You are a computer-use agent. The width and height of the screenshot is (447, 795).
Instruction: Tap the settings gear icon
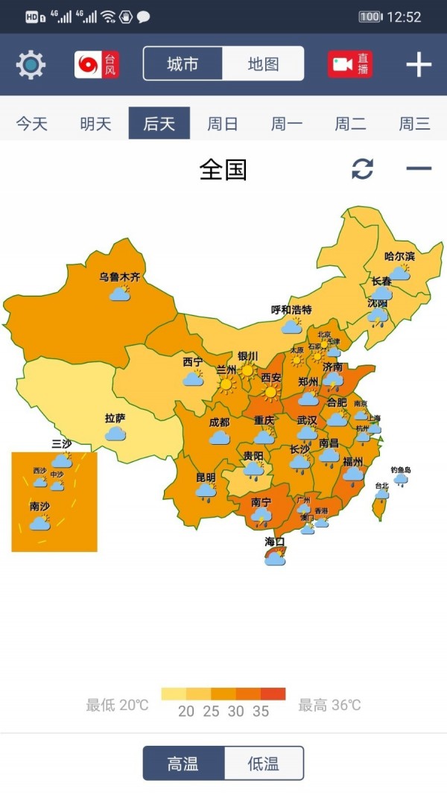[x=31, y=65]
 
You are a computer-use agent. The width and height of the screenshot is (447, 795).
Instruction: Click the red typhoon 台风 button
[x=97, y=65]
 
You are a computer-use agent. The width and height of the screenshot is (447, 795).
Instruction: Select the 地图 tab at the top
[x=263, y=64]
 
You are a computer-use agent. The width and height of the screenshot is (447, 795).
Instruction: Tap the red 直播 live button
[x=350, y=65]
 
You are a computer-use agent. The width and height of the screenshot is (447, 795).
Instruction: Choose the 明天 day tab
[x=95, y=124]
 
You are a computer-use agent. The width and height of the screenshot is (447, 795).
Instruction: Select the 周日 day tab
[x=223, y=124]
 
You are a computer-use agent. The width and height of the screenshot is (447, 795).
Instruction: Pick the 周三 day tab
[x=414, y=124]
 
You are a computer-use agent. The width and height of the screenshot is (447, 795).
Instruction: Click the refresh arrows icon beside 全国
[x=362, y=169]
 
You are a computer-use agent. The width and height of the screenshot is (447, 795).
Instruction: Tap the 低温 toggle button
[x=264, y=763]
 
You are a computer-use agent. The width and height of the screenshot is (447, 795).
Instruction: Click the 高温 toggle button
[x=183, y=763]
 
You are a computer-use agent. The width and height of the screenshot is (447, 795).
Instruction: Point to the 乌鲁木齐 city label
[x=120, y=277]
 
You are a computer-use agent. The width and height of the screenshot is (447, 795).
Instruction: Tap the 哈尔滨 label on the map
[x=399, y=256]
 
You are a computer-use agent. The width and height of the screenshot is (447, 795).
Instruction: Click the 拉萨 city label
[x=115, y=418]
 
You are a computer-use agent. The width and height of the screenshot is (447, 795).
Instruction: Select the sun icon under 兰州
[x=226, y=385]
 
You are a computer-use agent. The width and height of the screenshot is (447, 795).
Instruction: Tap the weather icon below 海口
[x=275, y=557]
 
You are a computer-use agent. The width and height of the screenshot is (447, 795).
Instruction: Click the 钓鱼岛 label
[x=401, y=470]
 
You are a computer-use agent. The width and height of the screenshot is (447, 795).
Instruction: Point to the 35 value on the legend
[x=260, y=711]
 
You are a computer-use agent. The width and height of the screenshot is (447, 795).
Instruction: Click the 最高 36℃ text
[x=329, y=705]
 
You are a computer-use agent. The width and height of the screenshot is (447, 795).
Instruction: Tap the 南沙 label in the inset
[x=39, y=507]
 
